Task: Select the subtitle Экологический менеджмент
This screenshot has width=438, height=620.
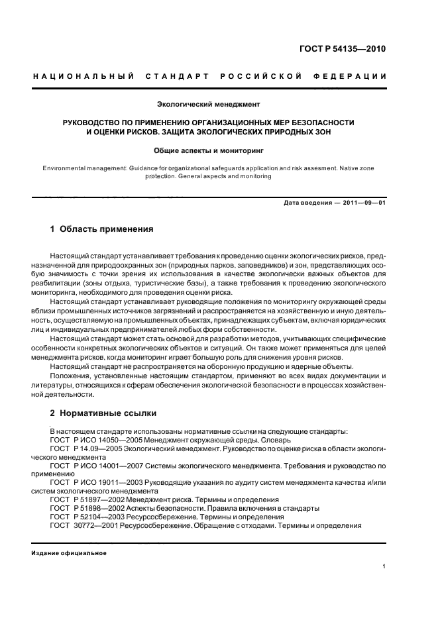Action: (208, 105)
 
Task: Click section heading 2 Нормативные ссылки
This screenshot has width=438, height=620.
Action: (103, 413)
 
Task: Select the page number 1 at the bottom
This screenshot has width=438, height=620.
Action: (384, 566)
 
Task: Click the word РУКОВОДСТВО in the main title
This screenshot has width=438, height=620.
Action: (94, 123)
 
